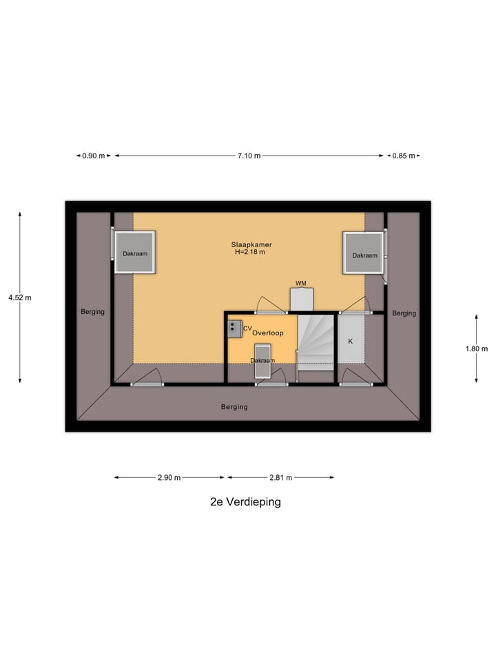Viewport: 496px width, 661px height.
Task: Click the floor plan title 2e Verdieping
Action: (245, 502)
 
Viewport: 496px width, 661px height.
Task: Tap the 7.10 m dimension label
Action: (249, 156)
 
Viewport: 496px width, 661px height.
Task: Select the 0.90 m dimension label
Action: (93, 156)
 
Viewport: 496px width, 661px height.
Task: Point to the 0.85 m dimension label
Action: (404, 156)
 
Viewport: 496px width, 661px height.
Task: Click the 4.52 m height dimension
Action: (20, 297)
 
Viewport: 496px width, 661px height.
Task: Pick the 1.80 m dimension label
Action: (477, 348)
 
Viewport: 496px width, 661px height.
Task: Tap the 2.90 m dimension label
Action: (169, 478)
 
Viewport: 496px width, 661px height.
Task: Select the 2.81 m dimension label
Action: (281, 478)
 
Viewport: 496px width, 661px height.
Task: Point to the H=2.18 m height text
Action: (250, 252)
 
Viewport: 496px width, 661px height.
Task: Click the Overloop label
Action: (268, 333)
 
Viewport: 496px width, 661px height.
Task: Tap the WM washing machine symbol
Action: (302, 300)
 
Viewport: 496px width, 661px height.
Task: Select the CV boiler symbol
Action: (235, 329)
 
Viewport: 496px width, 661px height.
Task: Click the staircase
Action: (317, 342)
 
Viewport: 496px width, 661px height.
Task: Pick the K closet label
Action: (350, 342)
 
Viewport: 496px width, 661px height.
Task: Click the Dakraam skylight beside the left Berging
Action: (135, 252)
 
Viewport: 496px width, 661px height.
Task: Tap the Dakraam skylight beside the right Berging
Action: (364, 253)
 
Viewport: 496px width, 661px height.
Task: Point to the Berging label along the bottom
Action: (234, 407)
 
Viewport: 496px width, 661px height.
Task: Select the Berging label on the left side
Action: (92, 312)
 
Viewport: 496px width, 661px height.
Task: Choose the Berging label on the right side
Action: (404, 313)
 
